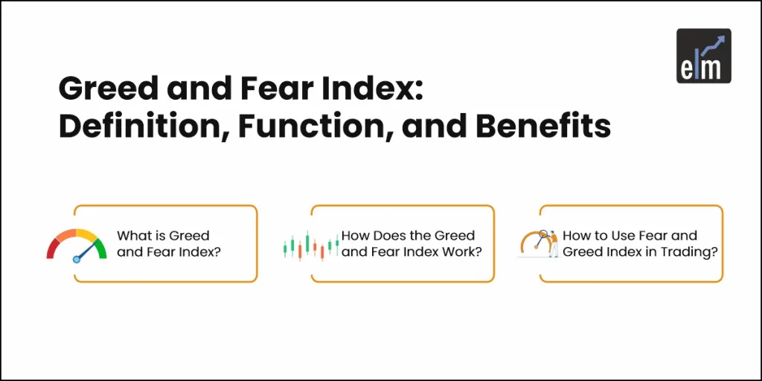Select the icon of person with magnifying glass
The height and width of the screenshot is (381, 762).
pyautogui.click(x=540, y=243)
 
